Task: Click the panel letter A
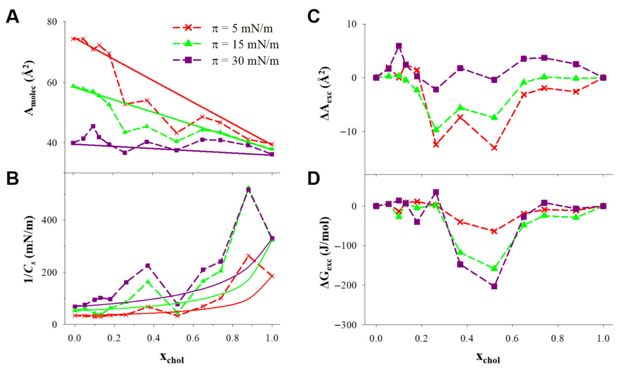(x=12, y=17)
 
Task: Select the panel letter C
(x=313, y=17)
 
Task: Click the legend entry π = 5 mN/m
(x=242, y=29)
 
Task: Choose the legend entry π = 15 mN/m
(x=245, y=44)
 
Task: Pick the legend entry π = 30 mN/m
(x=245, y=60)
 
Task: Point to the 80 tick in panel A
(x=52, y=22)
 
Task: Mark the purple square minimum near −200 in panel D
(x=494, y=286)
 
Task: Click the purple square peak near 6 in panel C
(x=399, y=46)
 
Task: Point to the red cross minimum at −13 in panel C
(x=494, y=148)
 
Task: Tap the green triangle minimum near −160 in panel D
(x=494, y=268)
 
